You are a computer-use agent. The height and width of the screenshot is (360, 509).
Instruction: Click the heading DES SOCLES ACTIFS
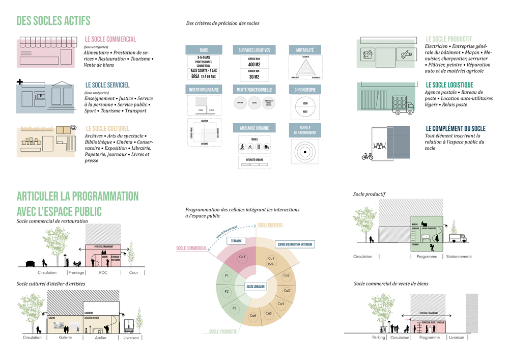coord(53,21)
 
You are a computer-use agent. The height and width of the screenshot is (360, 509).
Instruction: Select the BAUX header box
coord(204,50)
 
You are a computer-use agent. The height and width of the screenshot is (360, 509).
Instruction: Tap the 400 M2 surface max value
coord(254,65)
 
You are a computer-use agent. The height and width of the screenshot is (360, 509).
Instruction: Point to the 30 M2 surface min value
coord(254,77)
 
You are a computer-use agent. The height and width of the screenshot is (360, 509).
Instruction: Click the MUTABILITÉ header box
coord(305,50)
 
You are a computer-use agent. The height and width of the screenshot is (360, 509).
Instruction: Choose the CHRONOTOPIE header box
coord(305,90)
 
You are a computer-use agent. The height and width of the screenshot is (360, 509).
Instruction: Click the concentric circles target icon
coord(305,151)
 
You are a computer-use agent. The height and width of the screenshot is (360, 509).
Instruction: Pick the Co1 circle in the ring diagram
coord(242,257)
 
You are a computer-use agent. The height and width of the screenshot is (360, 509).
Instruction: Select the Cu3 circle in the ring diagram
coord(287,291)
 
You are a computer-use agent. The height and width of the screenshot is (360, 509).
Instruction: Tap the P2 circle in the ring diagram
coord(227,291)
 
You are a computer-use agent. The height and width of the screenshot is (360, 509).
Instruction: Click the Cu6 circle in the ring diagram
coord(253,316)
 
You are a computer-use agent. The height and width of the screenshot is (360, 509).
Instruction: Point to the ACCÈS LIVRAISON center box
coord(256,287)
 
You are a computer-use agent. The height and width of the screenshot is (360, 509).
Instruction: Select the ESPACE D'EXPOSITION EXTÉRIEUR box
coord(295,244)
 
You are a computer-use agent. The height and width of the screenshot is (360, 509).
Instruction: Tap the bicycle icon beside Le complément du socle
coord(367,156)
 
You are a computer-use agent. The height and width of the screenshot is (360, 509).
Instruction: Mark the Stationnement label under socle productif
coord(459,257)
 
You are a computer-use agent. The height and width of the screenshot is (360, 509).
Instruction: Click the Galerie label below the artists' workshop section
coord(65,337)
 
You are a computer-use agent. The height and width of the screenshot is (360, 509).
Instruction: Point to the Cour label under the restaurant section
coord(133,272)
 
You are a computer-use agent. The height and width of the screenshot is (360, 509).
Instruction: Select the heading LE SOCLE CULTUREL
coord(107,128)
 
